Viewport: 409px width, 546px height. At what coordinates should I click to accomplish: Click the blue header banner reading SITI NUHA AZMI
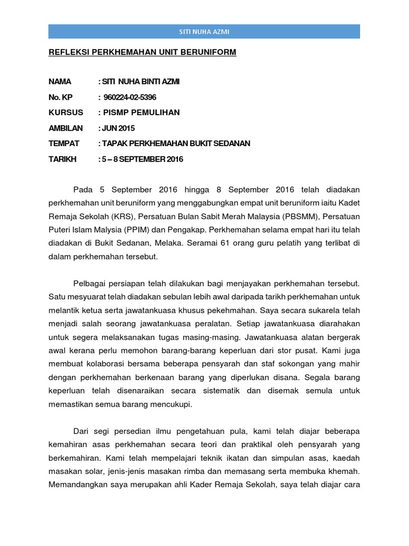pos(204,32)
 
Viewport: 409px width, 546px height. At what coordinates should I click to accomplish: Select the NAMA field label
pos(60,82)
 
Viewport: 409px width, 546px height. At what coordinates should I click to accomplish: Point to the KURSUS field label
pos(66,113)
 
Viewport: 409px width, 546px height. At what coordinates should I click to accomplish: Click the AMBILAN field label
pos(66,128)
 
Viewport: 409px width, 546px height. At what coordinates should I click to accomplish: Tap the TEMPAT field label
pos(64,143)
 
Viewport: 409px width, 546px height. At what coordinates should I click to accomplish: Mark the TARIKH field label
pos(63,159)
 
